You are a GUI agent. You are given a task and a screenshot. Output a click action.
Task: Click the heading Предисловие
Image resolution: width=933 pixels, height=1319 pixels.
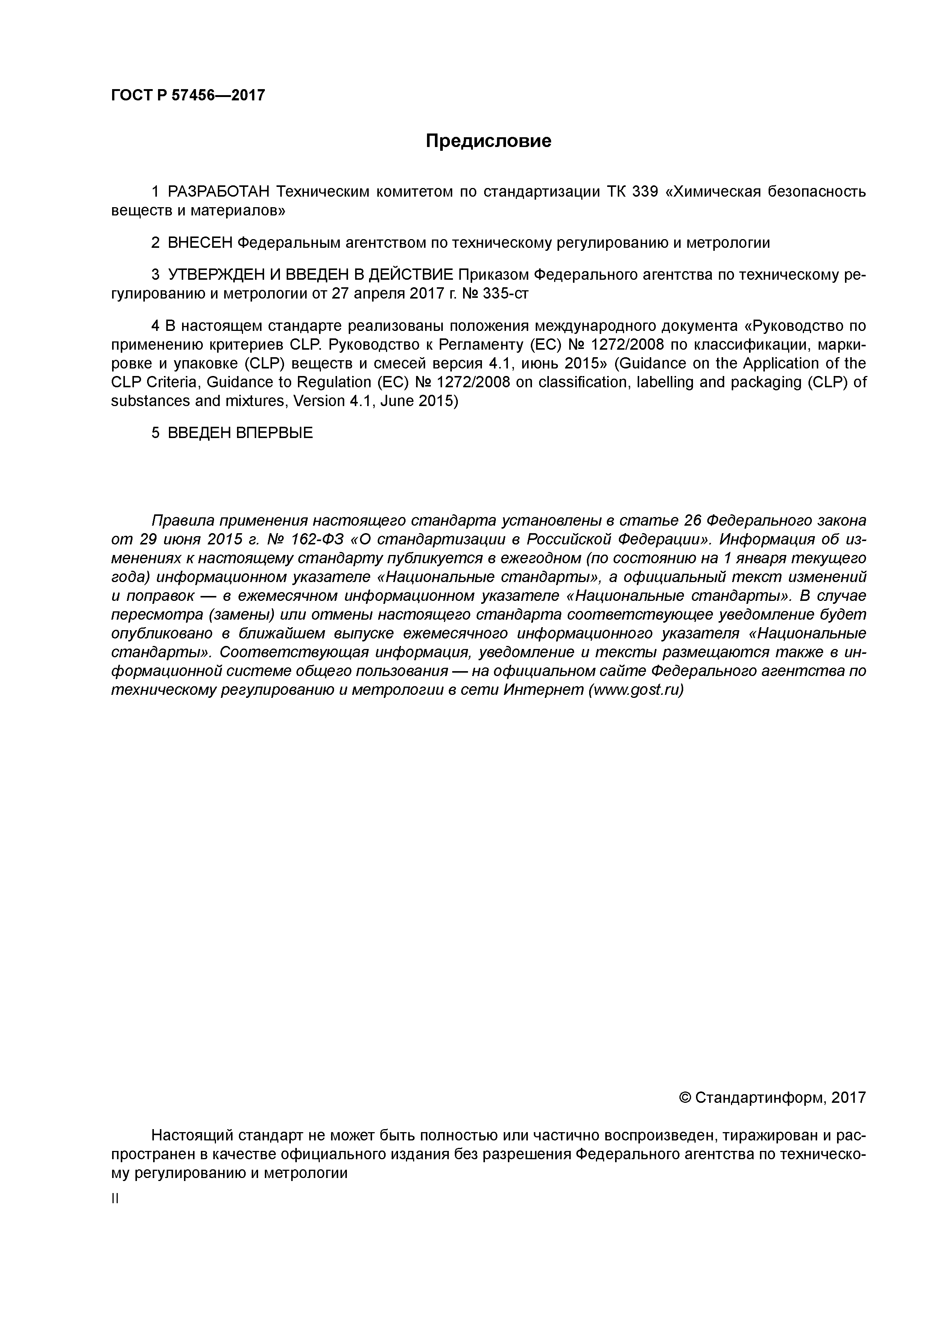(488, 141)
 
